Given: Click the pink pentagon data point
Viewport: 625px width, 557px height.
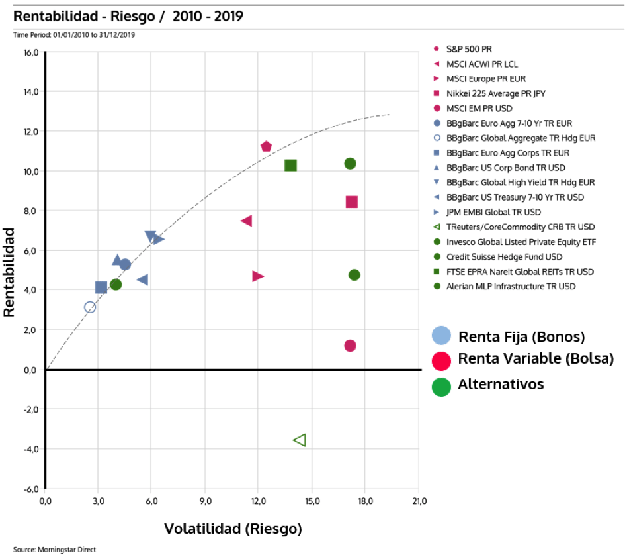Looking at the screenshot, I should point(267,146).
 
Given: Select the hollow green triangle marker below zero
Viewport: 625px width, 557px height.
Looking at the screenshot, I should point(300,440).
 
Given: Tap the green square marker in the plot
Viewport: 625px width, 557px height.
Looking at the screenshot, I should point(290,165).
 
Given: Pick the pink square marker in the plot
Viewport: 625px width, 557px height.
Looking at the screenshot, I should point(352,201).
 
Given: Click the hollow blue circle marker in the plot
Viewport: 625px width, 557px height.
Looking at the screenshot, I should point(90,307).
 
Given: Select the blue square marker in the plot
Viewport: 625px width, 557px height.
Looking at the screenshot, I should point(101,287).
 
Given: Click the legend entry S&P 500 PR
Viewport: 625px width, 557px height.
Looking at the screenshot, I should point(469,49).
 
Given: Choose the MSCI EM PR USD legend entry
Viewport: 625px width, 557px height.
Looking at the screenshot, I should point(479,108).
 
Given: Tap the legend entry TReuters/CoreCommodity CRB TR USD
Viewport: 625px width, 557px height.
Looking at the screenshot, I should point(520,227).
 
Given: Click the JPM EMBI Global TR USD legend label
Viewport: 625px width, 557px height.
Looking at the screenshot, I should point(493,212).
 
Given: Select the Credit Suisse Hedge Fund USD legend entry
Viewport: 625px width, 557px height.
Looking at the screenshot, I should point(504,256).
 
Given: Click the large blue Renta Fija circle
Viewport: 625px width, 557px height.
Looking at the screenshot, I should point(441,336).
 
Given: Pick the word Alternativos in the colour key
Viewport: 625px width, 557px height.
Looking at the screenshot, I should point(500,384).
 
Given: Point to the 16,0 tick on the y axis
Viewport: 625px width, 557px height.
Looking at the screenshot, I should point(31,52).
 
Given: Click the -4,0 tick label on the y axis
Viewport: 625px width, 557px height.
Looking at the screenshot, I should point(30,449).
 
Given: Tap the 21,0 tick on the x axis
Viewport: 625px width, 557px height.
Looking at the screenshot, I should point(418,501).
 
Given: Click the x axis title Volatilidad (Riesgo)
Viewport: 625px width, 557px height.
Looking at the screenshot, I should point(233,529).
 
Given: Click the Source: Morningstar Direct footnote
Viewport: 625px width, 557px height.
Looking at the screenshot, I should point(54,549).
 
